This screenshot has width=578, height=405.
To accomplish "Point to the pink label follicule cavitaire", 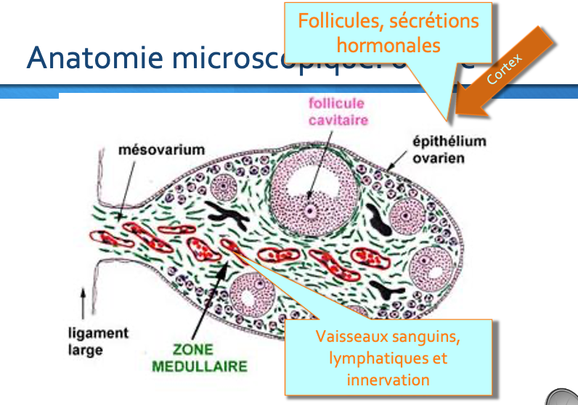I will pos(336,112).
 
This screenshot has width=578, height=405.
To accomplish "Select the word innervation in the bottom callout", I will pos(388,379).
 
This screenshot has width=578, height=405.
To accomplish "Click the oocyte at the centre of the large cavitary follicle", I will pos(312,211).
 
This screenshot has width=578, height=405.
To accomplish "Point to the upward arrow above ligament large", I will pos(83,302).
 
